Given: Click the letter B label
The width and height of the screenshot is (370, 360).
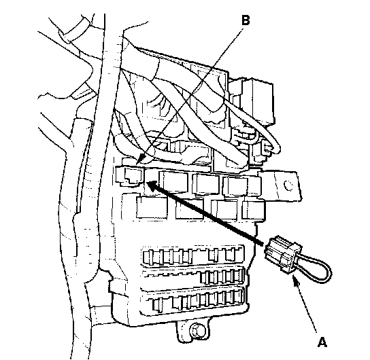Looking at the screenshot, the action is [x=246, y=20].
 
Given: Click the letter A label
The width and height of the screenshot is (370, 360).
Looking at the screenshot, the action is [x=322, y=342].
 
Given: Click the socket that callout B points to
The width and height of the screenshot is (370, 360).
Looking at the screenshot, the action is [x=129, y=176].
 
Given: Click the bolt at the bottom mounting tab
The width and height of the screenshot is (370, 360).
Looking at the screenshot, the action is [x=197, y=330].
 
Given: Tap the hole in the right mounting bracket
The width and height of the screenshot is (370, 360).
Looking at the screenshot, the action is [x=288, y=185].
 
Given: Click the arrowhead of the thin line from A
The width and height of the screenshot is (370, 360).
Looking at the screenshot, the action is [x=295, y=280].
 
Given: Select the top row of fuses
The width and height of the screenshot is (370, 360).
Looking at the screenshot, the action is [x=192, y=256].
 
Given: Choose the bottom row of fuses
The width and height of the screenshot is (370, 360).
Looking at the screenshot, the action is [x=197, y=301].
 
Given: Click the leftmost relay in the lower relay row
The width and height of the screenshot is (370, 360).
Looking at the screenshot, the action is [x=152, y=207].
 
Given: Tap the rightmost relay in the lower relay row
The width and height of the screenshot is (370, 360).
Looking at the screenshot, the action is [x=254, y=211].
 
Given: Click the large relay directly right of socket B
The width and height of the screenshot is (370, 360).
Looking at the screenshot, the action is [x=173, y=183].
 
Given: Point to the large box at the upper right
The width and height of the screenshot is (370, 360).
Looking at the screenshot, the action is [x=257, y=101].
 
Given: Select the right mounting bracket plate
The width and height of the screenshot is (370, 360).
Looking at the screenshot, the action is [x=280, y=185].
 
